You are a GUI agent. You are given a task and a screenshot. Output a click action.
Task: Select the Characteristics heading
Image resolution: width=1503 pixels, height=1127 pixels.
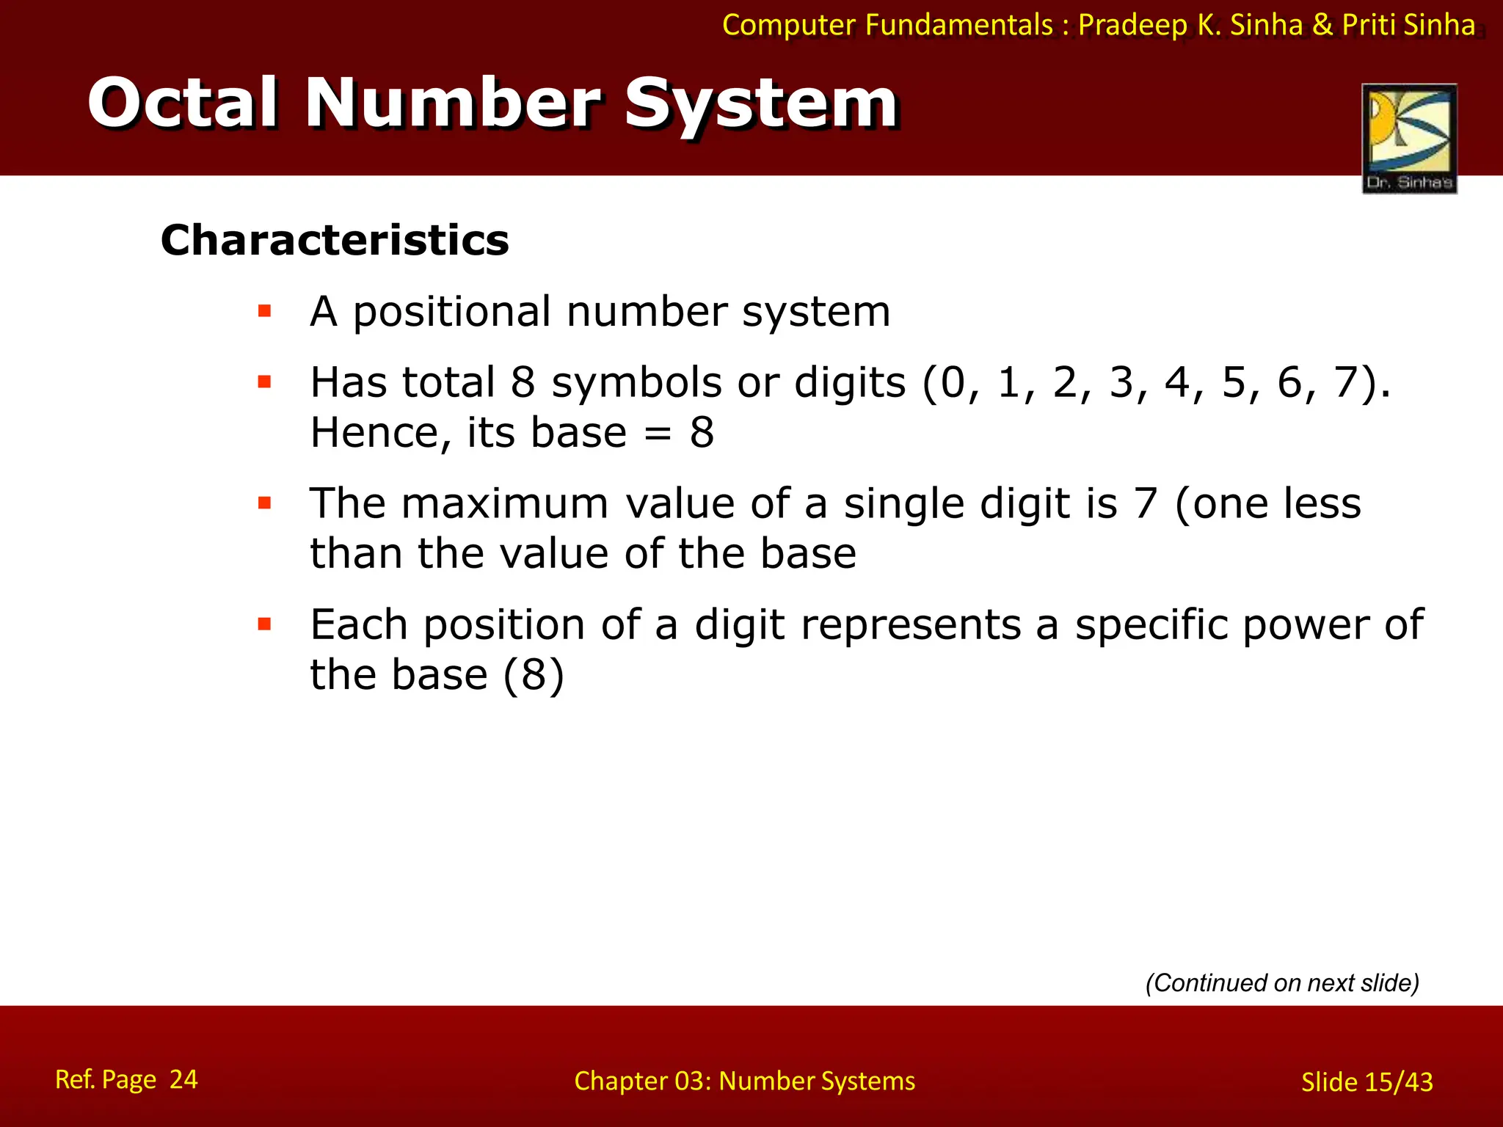pyautogui.click(x=335, y=240)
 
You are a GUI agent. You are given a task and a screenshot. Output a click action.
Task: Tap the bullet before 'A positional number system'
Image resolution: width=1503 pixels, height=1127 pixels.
pyautogui.click(x=265, y=311)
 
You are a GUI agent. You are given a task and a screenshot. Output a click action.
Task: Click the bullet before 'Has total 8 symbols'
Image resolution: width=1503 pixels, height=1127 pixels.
pyautogui.click(x=265, y=382)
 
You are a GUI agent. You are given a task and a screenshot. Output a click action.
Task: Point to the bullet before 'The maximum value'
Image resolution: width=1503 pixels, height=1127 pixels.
pyautogui.click(x=265, y=503)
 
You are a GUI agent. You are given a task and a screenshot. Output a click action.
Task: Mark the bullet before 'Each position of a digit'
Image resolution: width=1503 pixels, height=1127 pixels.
pyautogui.click(x=265, y=624)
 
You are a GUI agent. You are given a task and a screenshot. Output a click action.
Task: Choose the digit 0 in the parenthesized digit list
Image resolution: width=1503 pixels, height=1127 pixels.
pyautogui.click(x=953, y=382)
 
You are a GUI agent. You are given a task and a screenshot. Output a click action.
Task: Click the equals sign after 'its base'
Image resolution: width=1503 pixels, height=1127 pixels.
pyautogui.click(x=658, y=433)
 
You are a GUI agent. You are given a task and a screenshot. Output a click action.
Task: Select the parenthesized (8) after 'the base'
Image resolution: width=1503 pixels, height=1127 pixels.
pyautogui.click(x=534, y=674)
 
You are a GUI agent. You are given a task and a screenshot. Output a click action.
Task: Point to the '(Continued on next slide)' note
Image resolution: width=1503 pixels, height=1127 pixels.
pyautogui.click(x=1282, y=982)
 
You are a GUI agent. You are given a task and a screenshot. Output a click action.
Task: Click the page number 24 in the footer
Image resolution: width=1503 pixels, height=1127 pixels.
pyautogui.click(x=183, y=1079)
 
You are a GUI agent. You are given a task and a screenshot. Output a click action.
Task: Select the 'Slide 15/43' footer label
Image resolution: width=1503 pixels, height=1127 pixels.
pyautogui.click(x=1366, y=1082)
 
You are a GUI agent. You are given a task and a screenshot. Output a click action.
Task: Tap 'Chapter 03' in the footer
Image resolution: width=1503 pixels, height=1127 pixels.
pyautogui.click(x=641, y=1081)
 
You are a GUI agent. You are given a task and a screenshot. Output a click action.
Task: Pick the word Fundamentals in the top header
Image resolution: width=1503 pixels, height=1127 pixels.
pyautogui.click(x=958, y=25)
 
